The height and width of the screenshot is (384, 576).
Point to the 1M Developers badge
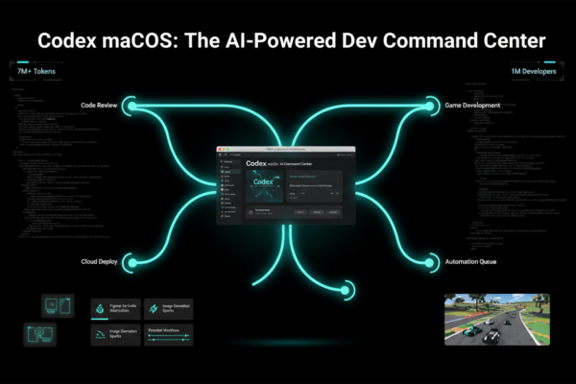[533, 73]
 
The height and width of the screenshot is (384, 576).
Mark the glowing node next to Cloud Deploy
[132, 261]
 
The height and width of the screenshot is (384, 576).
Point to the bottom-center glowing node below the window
[346, 290]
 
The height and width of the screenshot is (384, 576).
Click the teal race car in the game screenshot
[472, 331]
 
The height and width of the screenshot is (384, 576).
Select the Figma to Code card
[115, 308]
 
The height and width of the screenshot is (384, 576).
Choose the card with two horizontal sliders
[168, 334]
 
